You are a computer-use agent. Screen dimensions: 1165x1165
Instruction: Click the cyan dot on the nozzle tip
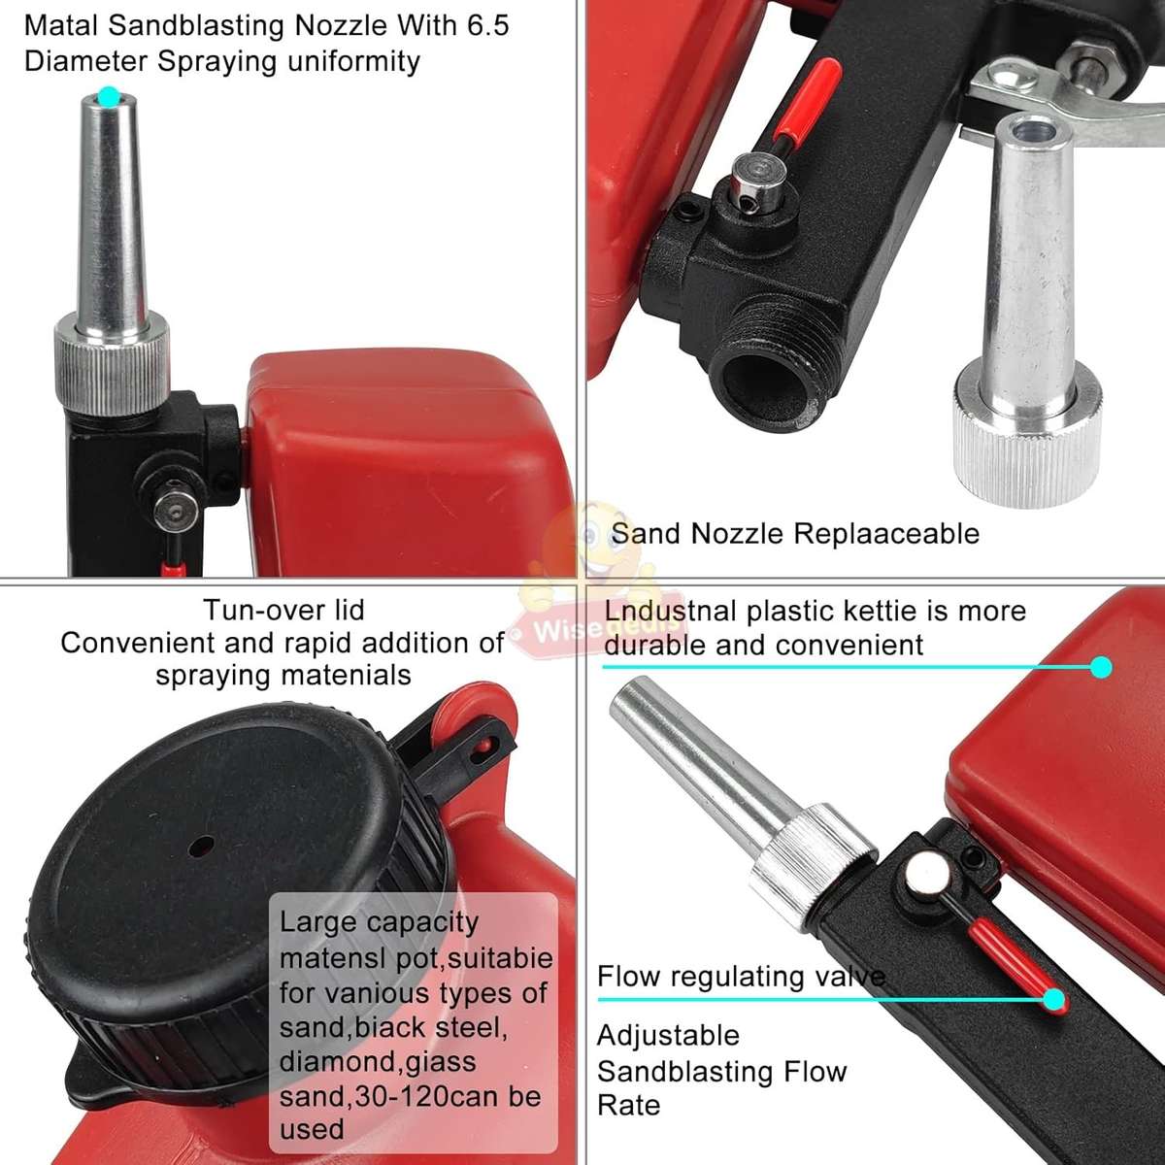tap(109, 96)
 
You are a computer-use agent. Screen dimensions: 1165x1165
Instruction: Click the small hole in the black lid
tap(201, 847)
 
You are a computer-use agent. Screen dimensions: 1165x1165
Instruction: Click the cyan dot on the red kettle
tap(1100, 667)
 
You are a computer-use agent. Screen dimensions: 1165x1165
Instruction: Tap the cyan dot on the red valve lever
tap(1053, 999)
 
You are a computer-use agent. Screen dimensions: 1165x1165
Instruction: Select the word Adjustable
tap(668, 1036)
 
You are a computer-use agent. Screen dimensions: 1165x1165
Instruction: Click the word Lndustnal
tap(670, 612)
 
